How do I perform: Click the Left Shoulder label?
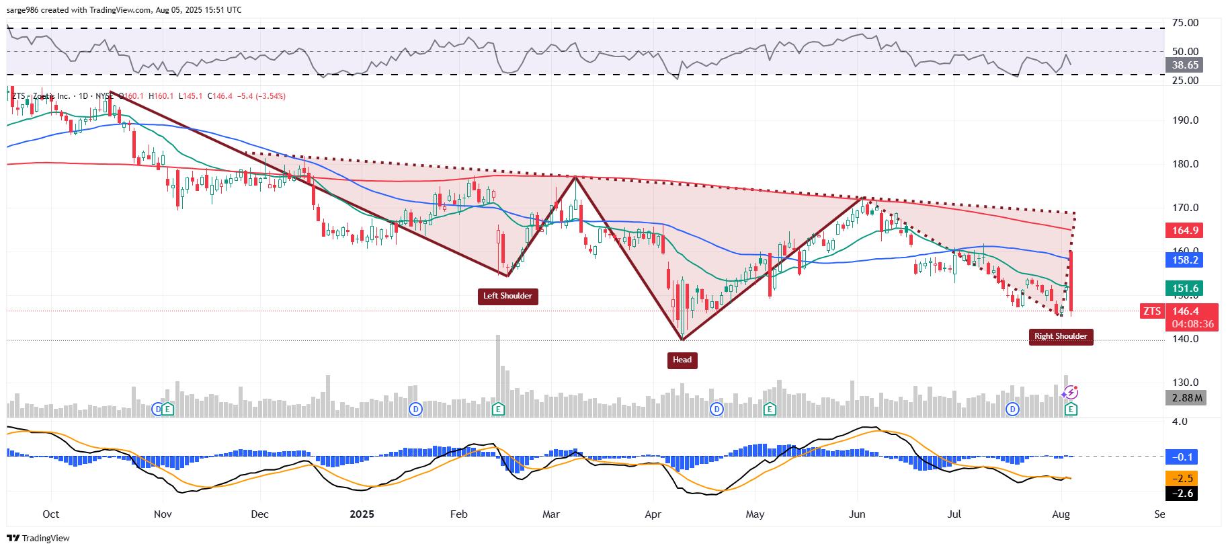pyautogui.click(x=507, y=296)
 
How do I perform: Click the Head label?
pyautogui.click(x=682, y=360)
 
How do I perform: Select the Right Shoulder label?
pyautogui.click(x=1060, y=336)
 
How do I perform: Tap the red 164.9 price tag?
pyautogui.click(x=1185, y=231)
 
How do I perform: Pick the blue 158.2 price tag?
pyautogui.click(x=1185, y=260)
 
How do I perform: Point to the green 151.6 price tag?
pyautogui.click(x=1185, y=288)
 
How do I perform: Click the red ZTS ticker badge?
pyautogui.click(x=1152, y=311)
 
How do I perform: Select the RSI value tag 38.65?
pyautogui.click(x=1185, y=65)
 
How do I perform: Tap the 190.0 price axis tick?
pyautogui.click(x=1185, y=120)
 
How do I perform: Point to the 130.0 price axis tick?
pyautogui.click(x=1185, y=383)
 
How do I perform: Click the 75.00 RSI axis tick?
pyautogui.click(x=1185, y=23)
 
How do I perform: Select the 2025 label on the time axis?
pyautogui.click(x=362, y=514)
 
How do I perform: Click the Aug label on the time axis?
pyautogui.click(x=1061, y=514)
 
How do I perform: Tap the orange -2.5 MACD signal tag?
pyautogui.click(x=1182, y=479)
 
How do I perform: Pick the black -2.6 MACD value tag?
pyautogui.click(x=1182, y=494)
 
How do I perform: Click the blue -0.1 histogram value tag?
pyautogui.click(x=1182, y=457)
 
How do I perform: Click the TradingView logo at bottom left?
pyautogui.click(x=38, y=538)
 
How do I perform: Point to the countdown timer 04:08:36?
pyautogui.click(x=1192, y=324)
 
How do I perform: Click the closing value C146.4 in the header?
pyautogui.click(x=220, y=96)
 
